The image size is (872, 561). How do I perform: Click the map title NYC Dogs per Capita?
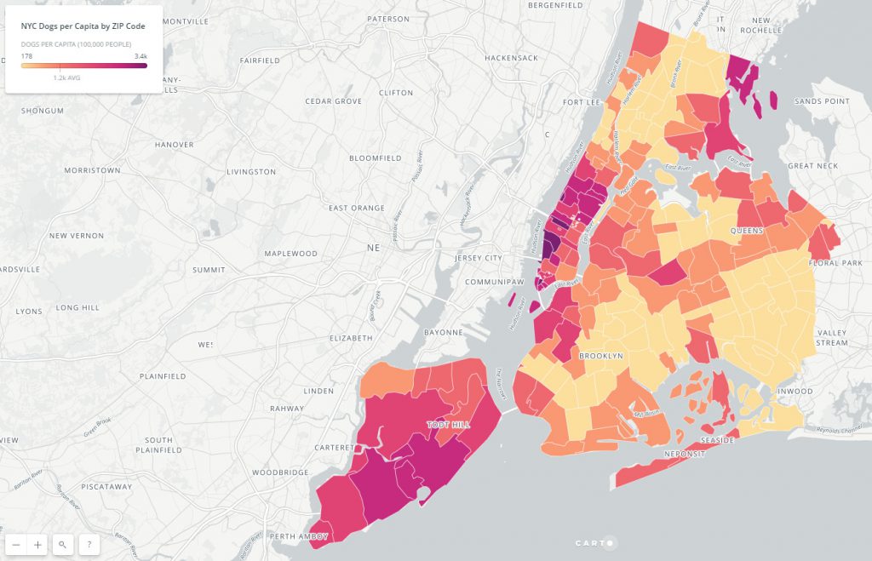(83, 26)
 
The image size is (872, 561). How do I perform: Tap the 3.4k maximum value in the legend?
(141, 56)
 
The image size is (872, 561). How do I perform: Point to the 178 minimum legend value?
(27, 56)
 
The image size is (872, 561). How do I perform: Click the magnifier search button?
(63, 545)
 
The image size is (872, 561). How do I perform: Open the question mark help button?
(89, 545)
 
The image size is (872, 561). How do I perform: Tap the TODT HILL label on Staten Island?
(449, 424)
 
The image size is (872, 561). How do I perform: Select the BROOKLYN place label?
(601, 355)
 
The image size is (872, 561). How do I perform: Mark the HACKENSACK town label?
(511, 58)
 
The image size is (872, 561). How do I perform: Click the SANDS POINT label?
(822, 101)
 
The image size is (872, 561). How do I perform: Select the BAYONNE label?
(444, 332)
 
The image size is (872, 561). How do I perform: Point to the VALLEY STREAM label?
(832, 337)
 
